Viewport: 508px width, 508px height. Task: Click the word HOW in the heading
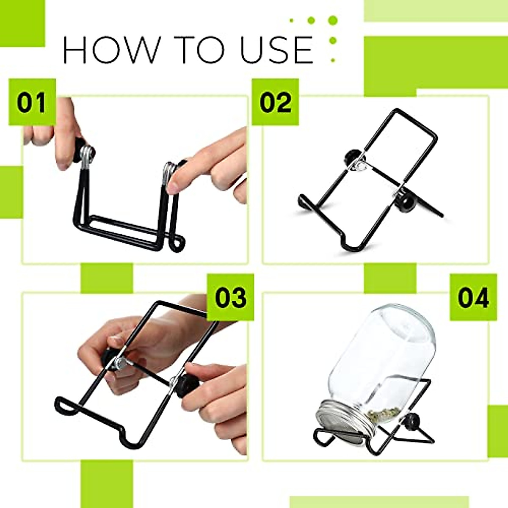(109, 50)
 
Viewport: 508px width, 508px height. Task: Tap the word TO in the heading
(202, 50)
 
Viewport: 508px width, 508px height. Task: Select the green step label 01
(32, 102)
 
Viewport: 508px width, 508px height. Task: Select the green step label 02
(276, 102)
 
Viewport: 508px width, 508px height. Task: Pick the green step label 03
(230, 297)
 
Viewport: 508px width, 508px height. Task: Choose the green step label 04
(473, 297)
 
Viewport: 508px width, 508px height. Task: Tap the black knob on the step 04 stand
(412, 422)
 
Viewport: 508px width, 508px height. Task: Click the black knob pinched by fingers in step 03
(185, 385)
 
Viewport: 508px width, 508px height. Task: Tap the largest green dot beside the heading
(333, 20)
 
